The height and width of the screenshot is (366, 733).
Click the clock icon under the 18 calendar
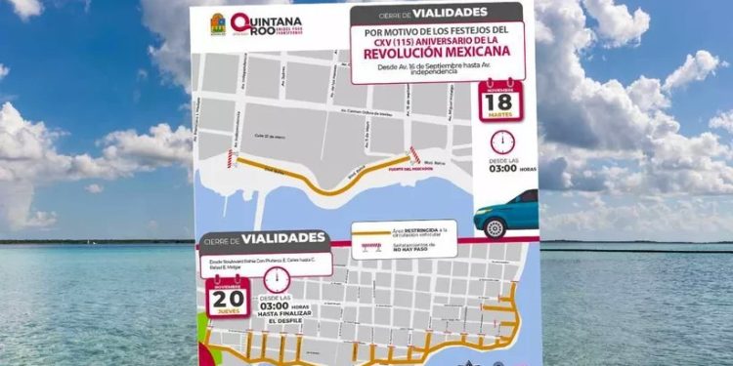coord(500,142)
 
